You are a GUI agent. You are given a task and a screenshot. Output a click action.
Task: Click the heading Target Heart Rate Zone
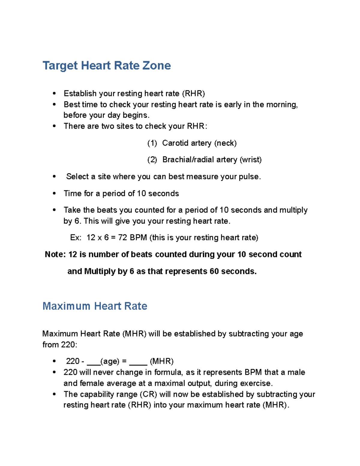[x=106, y=65]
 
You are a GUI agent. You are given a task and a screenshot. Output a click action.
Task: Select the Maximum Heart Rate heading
[x=95, y=306]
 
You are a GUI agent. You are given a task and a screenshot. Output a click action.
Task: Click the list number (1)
[x=152, y=143]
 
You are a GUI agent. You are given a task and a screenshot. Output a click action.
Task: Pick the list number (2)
[x=152, y=160]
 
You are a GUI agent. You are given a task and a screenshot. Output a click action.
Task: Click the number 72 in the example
[x=122, y=238]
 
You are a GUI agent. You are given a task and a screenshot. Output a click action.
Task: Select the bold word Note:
[x=55, y=254]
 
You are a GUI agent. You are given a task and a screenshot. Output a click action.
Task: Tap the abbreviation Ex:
[x=76, y=238]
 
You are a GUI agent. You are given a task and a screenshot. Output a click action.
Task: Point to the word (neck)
[x=225, y=143]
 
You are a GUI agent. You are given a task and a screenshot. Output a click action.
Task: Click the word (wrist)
[x=250, y=160]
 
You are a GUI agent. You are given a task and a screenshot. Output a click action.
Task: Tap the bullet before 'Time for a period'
[x=54, y=194]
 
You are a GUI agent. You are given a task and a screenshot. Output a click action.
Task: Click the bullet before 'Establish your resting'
[x=54, y=94]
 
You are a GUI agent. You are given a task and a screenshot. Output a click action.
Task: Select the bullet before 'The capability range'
[x=54, y=394]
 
